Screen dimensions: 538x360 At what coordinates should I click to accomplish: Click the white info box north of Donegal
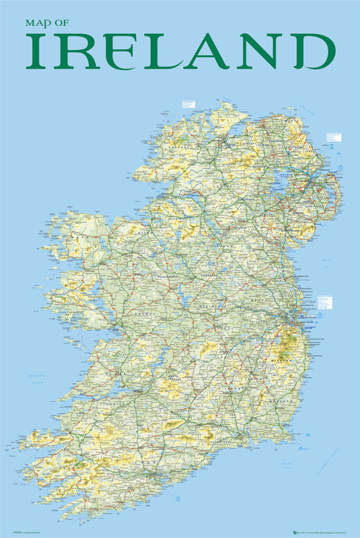click(188, 105)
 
